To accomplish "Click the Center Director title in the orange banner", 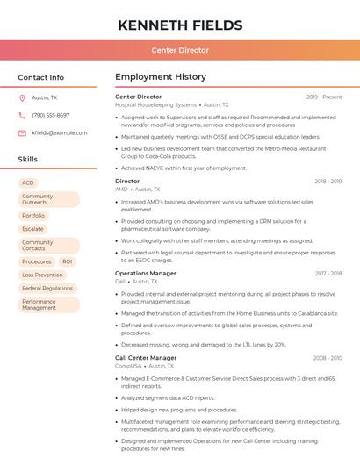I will tap(179, 50).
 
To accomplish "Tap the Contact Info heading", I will tap(41, 77).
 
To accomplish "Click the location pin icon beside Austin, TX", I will tap(23, 97).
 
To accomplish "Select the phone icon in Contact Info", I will tap(23, 115).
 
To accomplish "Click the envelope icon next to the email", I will tap(23, 132).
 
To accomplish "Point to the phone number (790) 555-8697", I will tap(50, 115).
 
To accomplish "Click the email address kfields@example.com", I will tap(60, 132).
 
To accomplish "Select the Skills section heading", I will tap(28, 160).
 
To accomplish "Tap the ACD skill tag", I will tap(28, 183).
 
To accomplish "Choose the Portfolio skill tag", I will tap(33, 215).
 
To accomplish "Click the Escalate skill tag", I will tap(32, 228).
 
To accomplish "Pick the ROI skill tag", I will tap(68, 261).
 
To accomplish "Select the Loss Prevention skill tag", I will tap(42, 275).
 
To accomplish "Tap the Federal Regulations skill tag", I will tap(47, 288).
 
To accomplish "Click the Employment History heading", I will tap(160, 77).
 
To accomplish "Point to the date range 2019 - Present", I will tap(324, 97).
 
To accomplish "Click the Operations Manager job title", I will tap(146, 273).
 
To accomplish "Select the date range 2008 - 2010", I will tap(327, 358).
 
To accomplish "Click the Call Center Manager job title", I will tap(146, 358).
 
